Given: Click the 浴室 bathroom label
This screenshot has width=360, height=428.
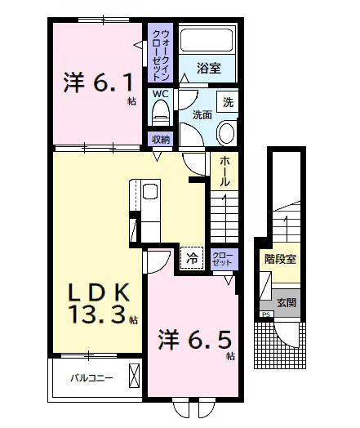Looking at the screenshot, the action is [x=209, y=69].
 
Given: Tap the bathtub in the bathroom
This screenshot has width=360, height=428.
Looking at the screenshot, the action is [x=207, y=40].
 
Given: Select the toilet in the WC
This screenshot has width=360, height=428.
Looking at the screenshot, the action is [x=161, y=113].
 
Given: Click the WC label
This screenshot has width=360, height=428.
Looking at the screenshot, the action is [x=160, y=94].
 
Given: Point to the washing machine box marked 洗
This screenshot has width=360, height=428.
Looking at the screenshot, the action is [x=228, y=102].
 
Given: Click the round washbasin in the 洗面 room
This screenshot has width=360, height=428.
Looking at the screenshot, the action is [x=226, y=133].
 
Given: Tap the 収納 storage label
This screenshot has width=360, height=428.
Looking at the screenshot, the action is [x=160, y=140].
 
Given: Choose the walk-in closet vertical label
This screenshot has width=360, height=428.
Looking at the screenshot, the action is [x=161, y=56].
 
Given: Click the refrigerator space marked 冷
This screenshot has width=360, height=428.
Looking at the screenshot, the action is [x=192, y=258].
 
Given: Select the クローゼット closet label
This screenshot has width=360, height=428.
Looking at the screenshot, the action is [x=223, y=259].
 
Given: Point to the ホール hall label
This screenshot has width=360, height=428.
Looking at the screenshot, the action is [x=224, y=172].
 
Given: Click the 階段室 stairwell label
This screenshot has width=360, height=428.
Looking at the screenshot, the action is [x=280, y=259].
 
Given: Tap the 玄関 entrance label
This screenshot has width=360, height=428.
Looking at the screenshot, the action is [x=287, y=302].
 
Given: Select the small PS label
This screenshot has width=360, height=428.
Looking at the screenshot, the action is [x=266, y=314].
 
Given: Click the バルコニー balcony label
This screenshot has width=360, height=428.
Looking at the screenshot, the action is [x=91, y=378].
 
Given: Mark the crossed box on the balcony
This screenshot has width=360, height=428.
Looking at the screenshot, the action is [x=134, y=376].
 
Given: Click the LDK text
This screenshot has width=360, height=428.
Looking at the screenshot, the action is [x=99, y=292].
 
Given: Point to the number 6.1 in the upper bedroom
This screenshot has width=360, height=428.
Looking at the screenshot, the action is [x=113, y=82].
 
